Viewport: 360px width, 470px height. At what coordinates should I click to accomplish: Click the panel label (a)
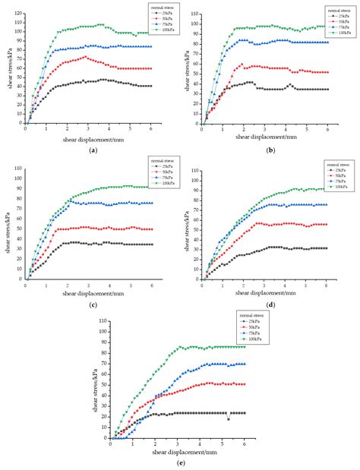click(93, 150)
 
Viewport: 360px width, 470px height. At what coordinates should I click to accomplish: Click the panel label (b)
click(269, 150)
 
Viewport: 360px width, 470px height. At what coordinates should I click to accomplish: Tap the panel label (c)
click(93, 304)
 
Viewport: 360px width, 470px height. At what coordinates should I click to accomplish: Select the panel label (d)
click(269, 304)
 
